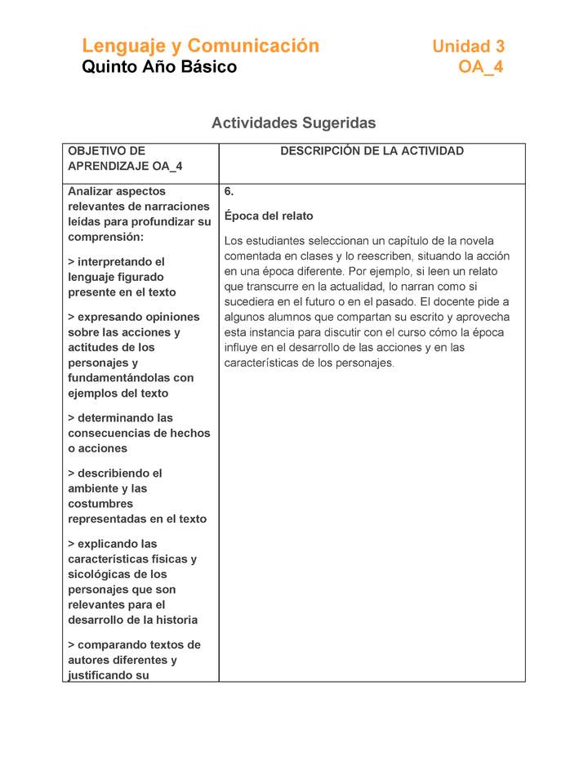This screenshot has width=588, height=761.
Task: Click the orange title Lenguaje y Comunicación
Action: coord(200,46)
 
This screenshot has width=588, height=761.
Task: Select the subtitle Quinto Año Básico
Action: coord(159,67)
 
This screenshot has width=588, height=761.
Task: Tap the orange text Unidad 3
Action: coord(469,47)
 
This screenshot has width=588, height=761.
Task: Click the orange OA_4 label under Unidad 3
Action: coord(481,67)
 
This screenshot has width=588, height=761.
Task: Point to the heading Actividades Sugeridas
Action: coord(293,123)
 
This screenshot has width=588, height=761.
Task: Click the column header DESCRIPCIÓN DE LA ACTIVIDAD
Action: coord(372,151)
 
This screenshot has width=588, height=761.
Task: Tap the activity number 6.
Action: coord(229,192)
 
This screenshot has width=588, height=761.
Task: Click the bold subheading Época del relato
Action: coord(269,216)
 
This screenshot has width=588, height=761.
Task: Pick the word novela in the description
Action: coord(477,241)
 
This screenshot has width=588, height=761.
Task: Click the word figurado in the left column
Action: coord(146,278)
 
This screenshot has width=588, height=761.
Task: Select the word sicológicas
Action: coord(103,574)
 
